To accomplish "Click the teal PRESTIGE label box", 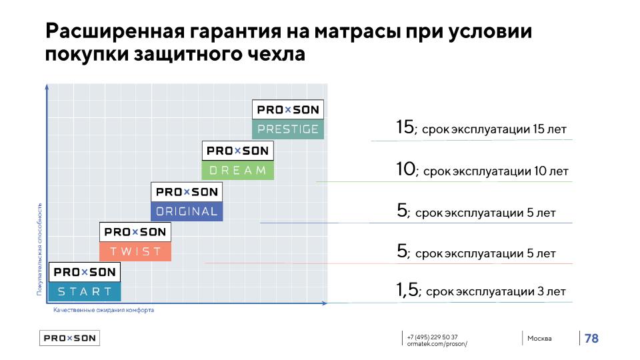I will pyautogui.click(x=288, y=129).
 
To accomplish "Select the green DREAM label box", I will pyautogui.click(x=238, y=171).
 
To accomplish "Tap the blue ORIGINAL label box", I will pyautogui.click(x=187, y=212).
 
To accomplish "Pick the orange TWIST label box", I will pyautogui.click(x=135, y=251).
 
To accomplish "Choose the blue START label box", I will pyautogui.click(x=85, y=291).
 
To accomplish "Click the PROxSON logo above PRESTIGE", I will pyautogui.click(x=288, y=110).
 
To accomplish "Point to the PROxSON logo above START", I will pyautogui.click(x=85, y=272).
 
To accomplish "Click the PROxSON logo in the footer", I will pyautogui.click(x=69, y=338).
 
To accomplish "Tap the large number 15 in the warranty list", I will pyautogui.click(x=405, y=127).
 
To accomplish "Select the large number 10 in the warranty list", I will pyautogui.click(x=405, y=170).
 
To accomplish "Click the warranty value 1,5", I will pyautogui.click(x=407, y=290).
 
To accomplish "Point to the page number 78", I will pyautogui.click(x=591, y=339).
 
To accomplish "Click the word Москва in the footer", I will pyautogui.click(x=539, y=339).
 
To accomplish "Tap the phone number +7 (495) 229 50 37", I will pyautogui.click(x=432, y=337).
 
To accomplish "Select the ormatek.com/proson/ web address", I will pyautogui.click(x=437, y=344).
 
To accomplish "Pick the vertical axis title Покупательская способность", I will pyautogui.click(x=39, y=249).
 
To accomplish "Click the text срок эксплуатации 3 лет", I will pyautogui.click(x=495, y=292).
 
